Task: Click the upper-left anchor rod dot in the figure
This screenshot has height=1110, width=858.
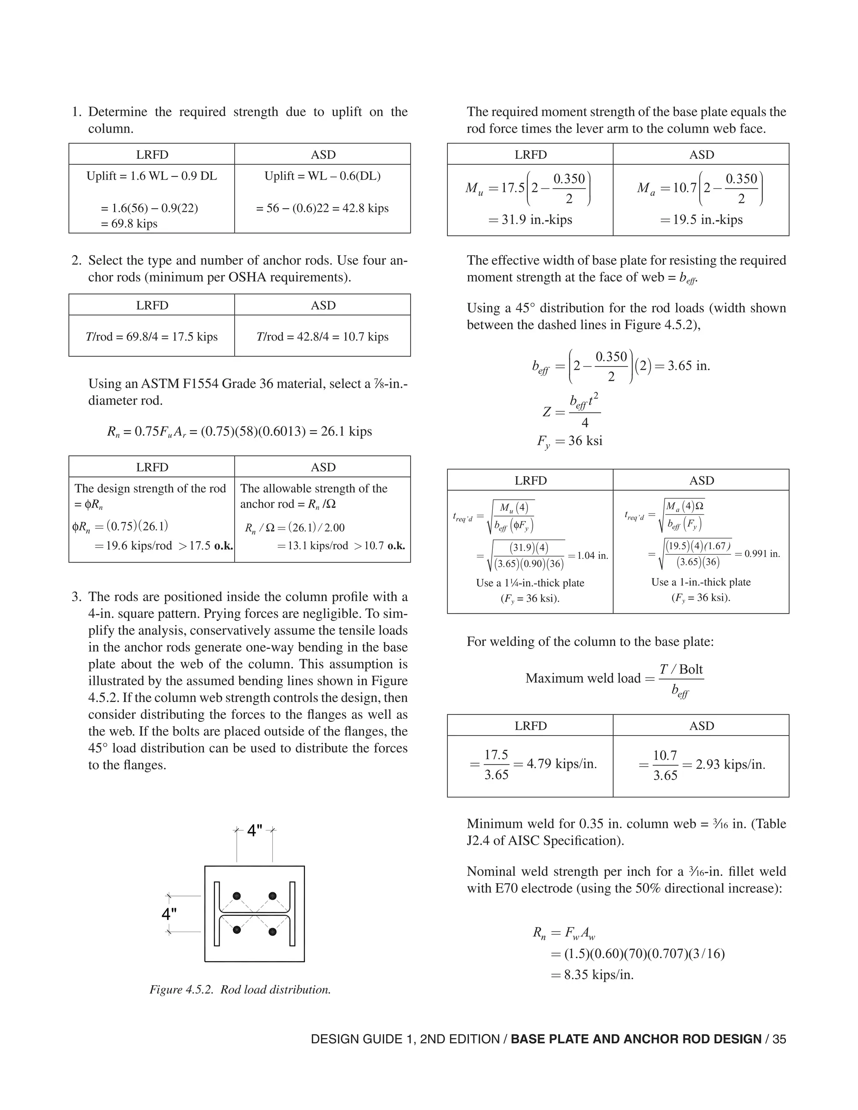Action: [236, 896]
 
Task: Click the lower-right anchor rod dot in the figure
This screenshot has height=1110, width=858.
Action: [272, 932]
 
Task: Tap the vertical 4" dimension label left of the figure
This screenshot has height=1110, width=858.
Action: [169, 914]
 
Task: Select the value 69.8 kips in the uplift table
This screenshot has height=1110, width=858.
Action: [129, 224]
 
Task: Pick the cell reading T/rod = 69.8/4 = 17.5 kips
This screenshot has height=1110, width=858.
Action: [152, 336]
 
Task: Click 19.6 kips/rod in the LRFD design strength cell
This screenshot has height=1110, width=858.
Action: [133, 546]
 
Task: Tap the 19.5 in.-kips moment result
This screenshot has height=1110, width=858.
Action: [708, 219]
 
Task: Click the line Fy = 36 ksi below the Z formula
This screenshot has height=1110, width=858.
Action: [569, 440]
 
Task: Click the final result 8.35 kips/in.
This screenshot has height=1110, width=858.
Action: [598, 975]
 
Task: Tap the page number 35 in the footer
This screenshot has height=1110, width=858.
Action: [779, 1039]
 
